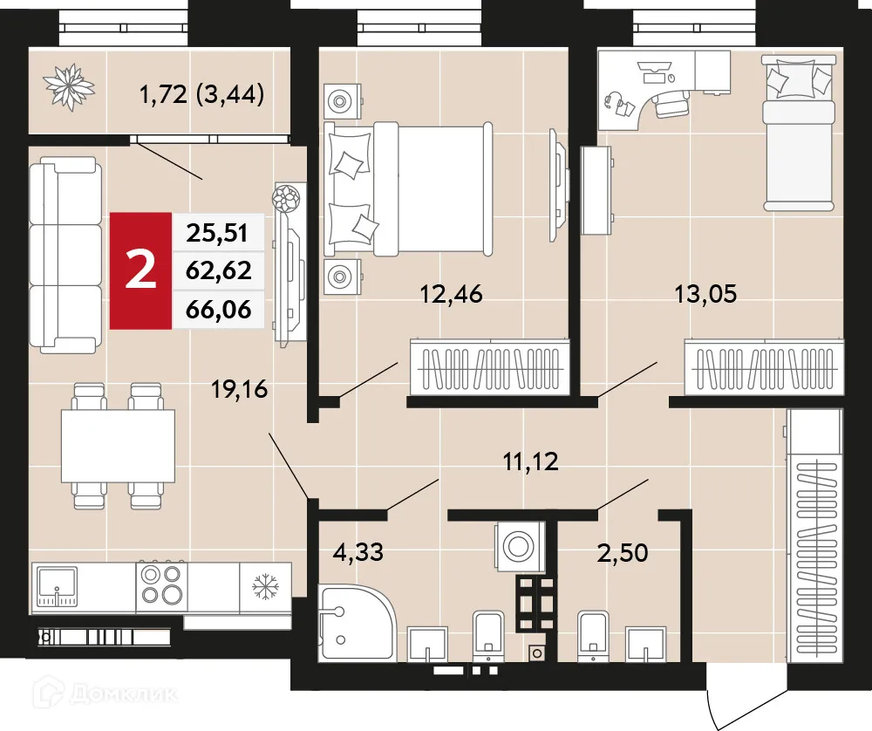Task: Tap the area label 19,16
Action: tap(240, 387)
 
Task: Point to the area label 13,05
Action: tap(705, 293)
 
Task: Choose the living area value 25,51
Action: tap(218, 233)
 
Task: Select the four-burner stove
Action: tap(162, 586)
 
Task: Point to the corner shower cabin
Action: tap(356, 623)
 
